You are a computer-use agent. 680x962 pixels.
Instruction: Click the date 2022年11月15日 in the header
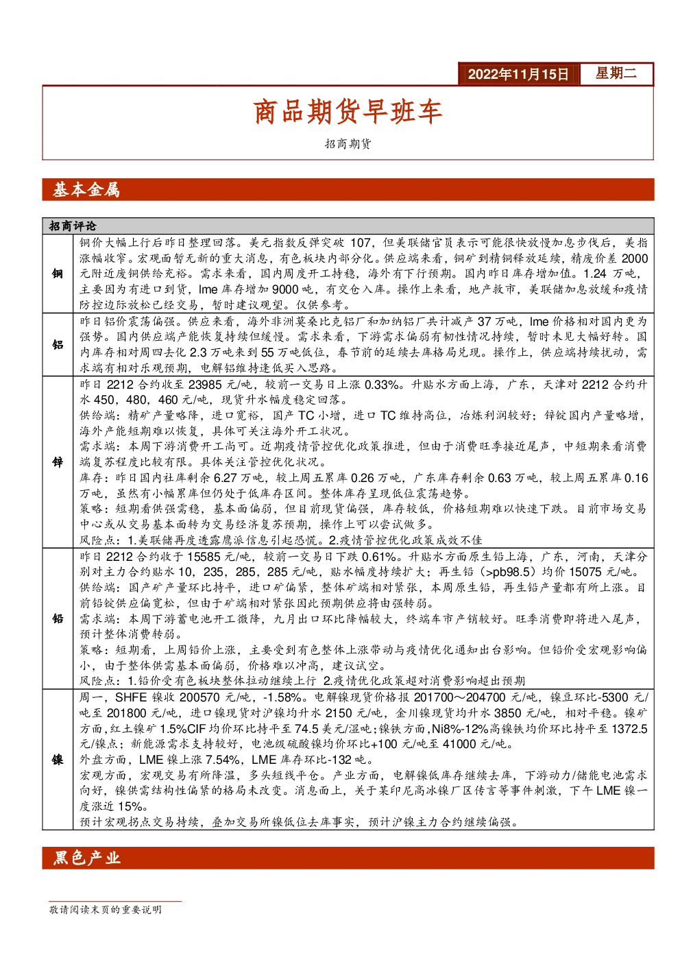pyautogui.click(x=518, y=74)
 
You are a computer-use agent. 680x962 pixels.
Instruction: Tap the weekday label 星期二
pyautogui.click(x=616, y=73)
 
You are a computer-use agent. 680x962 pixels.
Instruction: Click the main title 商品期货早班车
pyautogui.click(x=348, y=111)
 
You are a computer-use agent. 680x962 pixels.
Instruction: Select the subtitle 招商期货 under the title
pyautogui.click(x=348, y=144)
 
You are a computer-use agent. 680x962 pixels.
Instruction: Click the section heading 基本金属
pyautogui.click(x=86, y=189)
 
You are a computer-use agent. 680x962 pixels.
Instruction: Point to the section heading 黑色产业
pyautogui.click(x=86, y=858)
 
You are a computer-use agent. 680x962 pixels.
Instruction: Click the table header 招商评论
pyautogui.click(x=73, y=226)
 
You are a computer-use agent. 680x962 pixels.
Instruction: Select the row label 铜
pyautogui.click(x=58, y=274)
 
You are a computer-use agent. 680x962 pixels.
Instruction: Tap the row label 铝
pyautogui.click(x=58, y=344)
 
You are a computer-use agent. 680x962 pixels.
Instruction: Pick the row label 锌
pyautogui.click(x=58, y=462)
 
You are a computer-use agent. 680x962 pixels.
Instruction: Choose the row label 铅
pyautogui.click(x=58, y=618)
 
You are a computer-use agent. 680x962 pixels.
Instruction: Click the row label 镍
pyautogui.click(x=58, y=760)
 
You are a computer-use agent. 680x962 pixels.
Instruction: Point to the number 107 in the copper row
pyautogui.click(x=361, y=243)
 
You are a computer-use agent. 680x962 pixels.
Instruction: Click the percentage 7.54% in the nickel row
pyautogui.click(x=222, y=760)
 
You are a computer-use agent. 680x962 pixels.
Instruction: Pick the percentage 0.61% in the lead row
pyautogui.click(x=379, y=557)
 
